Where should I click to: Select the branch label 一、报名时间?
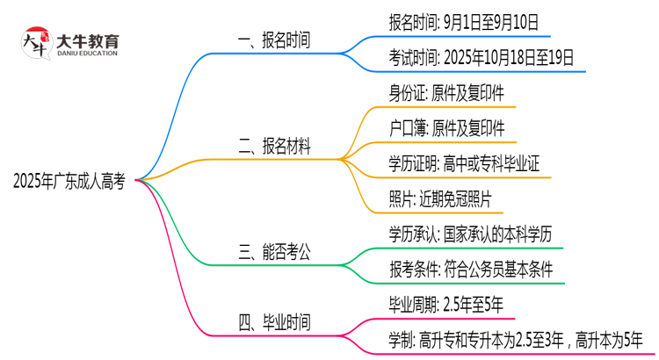(x=274, y=41)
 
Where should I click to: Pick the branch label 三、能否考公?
(x=274, y=253)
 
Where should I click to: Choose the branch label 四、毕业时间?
(x=274, y=322)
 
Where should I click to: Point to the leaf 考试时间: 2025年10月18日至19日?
(x=482, y=58)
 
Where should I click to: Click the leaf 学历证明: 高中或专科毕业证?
(x=463, y=164)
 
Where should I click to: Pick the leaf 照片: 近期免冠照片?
(x=440, y=199)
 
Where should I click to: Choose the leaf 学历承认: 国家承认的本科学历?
(x=470, y=234)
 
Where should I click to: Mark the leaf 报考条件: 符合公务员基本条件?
(x=470, y=270)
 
